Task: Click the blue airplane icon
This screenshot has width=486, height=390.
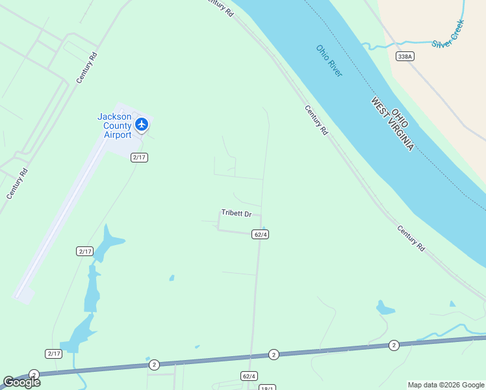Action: (x=142, y=123)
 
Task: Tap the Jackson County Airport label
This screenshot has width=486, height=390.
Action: (x=114, y=126)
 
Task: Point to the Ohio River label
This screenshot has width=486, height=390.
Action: (x=329, y=60)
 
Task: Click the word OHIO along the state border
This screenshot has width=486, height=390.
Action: (x=400, y=116)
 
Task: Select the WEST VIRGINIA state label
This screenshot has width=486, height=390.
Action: (x=392, y=125)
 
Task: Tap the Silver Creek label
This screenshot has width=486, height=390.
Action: (x=448, y=34)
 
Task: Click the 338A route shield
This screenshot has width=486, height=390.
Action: (x=405, y=57)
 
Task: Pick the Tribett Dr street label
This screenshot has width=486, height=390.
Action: (x=236, y=213)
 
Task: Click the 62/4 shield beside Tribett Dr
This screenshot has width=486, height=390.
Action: (x=260, y=234)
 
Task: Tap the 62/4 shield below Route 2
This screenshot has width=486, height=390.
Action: (x=249, y=376)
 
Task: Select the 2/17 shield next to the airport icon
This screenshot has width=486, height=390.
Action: (x=139, y=157)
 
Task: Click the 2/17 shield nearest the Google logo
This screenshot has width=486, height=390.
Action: (x=53, y=353)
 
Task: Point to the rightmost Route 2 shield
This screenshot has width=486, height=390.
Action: (x=393, y=344)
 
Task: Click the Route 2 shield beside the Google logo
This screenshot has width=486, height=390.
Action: (x=34, y=374)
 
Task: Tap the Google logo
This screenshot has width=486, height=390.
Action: (x=21, y=382)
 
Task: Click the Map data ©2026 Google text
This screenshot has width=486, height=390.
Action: (x=446, y=385)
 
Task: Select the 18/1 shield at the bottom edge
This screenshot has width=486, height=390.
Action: (x=267, y=387)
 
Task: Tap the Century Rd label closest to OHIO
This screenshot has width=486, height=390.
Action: (x=316, y=120)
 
